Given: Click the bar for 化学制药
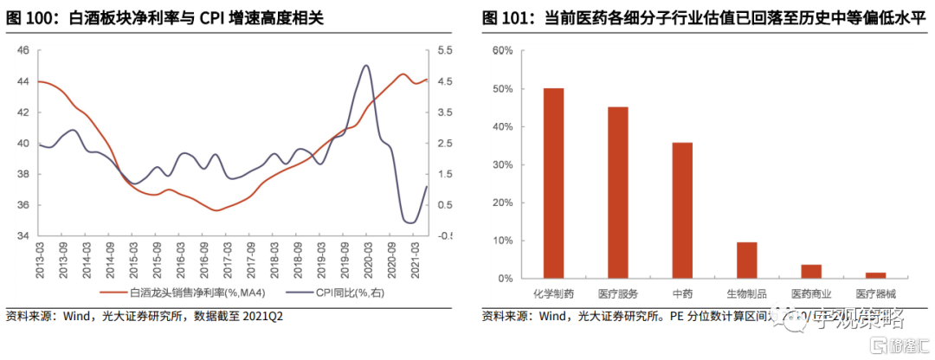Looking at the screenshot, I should tap(553, 183).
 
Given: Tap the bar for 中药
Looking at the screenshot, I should tap(682, 210).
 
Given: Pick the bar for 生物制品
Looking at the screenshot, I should tap(747, 260).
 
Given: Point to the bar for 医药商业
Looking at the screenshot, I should tap(811, 271).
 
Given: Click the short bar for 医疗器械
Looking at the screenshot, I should tap(876, 275).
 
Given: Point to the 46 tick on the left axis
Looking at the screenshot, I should tap(23, 51).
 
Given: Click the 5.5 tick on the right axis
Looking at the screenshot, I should tap(445, 51).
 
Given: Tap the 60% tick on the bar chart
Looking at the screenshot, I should tap(503, 51).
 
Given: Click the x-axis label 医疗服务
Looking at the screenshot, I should tap(618, 295).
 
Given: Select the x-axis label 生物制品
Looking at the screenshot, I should tap(747, 295).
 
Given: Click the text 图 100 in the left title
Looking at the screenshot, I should tap(29, 17).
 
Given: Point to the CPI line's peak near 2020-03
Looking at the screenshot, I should tap(365, 66).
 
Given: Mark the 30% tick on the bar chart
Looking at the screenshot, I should tap(503, 164).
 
